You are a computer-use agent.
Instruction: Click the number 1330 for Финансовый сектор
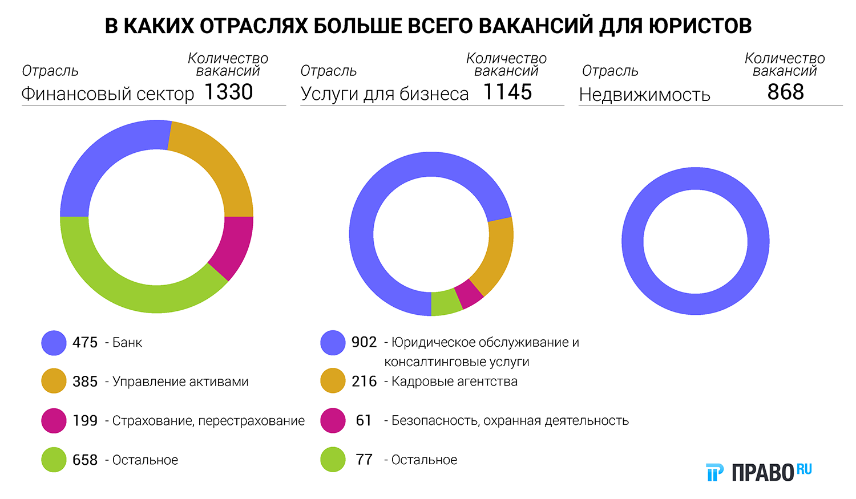click(x=228, y=92)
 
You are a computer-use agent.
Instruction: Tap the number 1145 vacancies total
click(x=507, y=92)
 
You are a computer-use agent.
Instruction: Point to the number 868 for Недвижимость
click(x=785, y=92)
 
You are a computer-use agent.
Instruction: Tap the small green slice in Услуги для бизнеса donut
click(x=446, y=303)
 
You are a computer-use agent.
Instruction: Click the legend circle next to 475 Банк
click(x=54, y=343)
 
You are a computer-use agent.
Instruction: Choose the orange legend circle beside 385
click(x=54, y=382)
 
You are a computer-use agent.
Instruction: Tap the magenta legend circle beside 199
click(x=54, y=421)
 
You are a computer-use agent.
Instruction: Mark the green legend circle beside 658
click(x=54, y=460)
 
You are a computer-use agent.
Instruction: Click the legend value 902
click(x=364, y=342)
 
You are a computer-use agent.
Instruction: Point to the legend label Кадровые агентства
click(x=454, y=382)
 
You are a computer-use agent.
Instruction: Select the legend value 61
click(x=364, y=421)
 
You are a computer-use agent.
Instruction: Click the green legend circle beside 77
click(x=333, y=460)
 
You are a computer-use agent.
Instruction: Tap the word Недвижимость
click(x=644, y=95)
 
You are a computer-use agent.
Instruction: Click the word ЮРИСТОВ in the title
click(x=698, y=26)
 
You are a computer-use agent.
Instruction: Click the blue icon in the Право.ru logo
click(x=714, y=472)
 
